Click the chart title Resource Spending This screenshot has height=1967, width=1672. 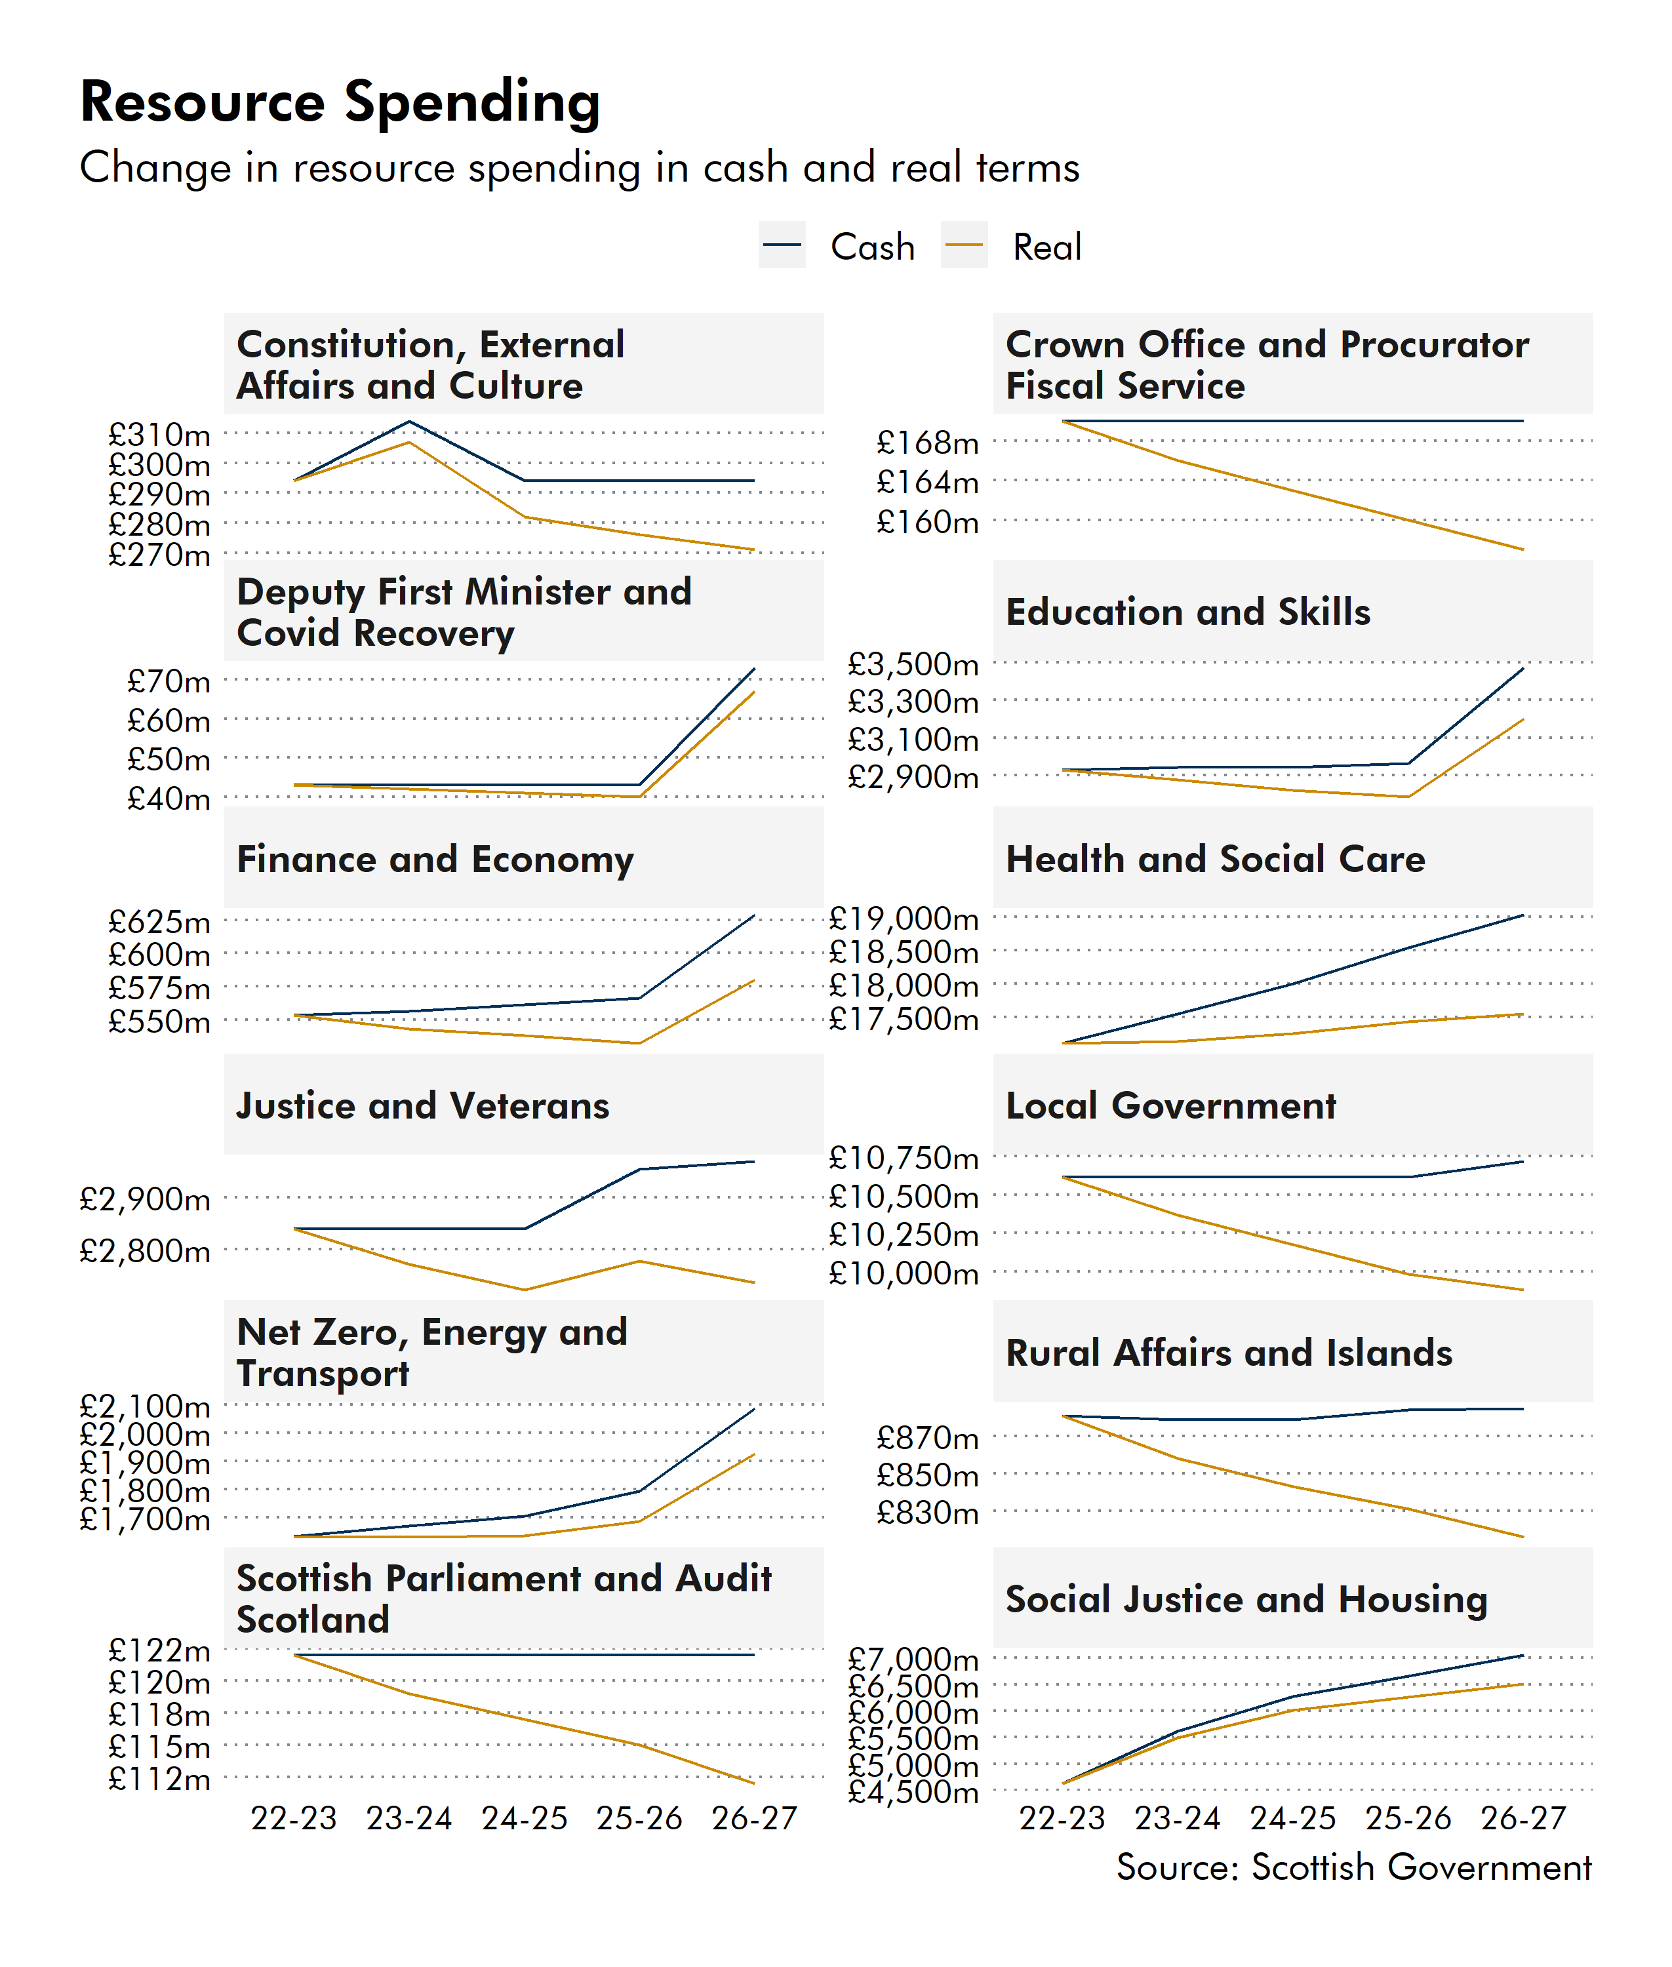pos(340,102)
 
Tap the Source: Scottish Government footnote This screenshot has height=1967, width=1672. pos(1353,1867)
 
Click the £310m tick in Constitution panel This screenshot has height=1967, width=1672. pos(159,434)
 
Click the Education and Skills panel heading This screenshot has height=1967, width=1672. pos(1187,612)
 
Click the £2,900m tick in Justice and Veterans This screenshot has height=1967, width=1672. pos(144,1199)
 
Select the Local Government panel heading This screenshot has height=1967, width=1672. pos(1170,1105)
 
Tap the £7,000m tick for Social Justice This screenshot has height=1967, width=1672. pos(912,1659)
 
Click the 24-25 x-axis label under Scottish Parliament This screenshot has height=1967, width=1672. pos(524,1818)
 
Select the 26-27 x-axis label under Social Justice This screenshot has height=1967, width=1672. pos(1523,1818)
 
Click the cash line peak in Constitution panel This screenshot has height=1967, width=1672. pos(409,421)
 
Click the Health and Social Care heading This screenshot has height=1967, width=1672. pos(1214,859)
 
